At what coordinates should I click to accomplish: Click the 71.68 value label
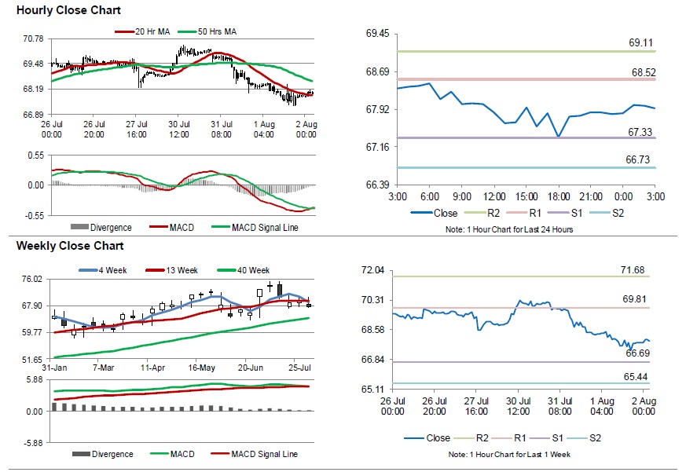632,270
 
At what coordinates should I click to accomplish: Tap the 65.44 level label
636,377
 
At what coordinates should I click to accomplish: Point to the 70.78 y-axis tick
33,38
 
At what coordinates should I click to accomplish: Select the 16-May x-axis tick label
201,368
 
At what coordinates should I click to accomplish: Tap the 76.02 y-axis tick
33,279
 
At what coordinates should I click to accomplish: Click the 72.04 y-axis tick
373,270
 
